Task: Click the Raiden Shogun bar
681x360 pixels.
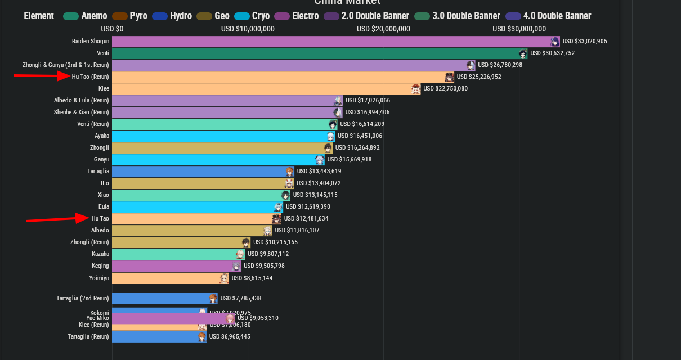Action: (332, 41)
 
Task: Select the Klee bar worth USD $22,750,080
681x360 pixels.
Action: (265, 88)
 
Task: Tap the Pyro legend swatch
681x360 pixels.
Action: (120, 16)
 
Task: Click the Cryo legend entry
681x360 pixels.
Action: (260, 16)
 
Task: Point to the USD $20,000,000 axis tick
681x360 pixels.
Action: (383, 29)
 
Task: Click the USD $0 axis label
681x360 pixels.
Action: (113, 29)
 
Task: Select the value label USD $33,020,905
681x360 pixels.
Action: (585, 41)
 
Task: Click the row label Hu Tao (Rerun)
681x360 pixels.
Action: (91, 76)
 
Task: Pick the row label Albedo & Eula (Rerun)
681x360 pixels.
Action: (82, 100)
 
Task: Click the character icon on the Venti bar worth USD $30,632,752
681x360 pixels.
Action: (523, 53)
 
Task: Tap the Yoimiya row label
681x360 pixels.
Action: (100, 278)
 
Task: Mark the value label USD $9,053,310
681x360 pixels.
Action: (258, 318)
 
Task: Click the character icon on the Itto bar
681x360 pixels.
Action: (289, 183)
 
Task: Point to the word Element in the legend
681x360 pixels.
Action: (39, 16)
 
